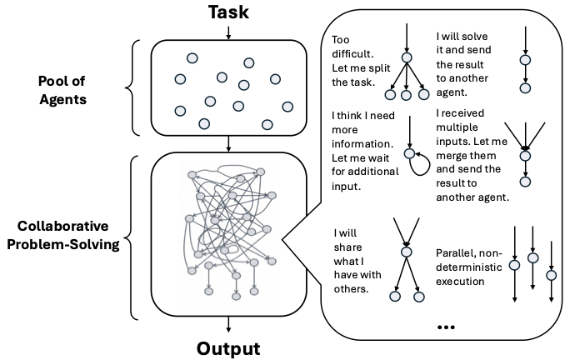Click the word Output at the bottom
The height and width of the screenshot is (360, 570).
coord(228,348)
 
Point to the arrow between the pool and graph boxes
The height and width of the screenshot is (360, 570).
coord(228,144)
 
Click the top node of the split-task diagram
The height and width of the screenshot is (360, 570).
coord(407,57)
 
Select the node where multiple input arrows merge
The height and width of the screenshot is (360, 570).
coord(525,150)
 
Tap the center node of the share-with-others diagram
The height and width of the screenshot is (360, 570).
coord(406,251)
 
